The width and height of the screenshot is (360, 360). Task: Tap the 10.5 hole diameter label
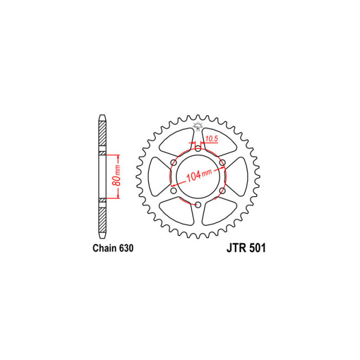tap(211, 138)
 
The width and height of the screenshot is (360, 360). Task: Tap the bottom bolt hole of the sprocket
tap(198, 205)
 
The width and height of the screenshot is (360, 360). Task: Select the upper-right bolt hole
tap(223, 162)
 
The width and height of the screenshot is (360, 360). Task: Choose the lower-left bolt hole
tap(173, 191)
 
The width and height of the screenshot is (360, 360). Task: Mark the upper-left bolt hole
tap(173, 162)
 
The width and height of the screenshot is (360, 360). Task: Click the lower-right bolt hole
tap(223, 191)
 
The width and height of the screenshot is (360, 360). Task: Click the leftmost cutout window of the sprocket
tap(158, 176)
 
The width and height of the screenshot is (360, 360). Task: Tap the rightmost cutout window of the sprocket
tap(238, 176)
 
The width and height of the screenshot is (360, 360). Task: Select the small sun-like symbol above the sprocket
tap(196, 126)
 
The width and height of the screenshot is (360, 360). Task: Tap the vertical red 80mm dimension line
tap(119, 176)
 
